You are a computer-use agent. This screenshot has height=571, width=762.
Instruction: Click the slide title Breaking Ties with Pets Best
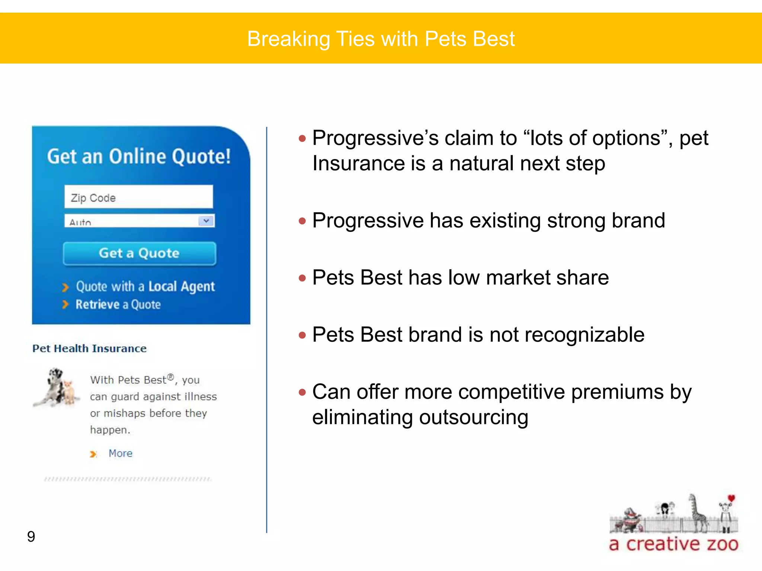pos(381,39)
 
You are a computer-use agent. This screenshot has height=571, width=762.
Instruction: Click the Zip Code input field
pos(138,197)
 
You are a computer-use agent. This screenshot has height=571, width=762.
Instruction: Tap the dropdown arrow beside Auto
pos(206,221)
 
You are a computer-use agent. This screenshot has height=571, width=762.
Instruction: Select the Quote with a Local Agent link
pos(145,287)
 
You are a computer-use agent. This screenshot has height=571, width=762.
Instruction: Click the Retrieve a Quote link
pos(118,305)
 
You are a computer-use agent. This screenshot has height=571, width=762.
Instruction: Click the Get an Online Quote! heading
pos(139,157)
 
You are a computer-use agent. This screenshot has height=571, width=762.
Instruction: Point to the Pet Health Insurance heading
pos(89,349)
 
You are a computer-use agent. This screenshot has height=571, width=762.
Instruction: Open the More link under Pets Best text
pos(120,454)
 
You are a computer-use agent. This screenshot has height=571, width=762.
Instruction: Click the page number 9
pos(31,536)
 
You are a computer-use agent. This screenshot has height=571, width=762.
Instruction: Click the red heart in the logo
pos(731,498)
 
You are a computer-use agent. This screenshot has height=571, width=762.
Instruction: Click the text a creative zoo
pos(673,544)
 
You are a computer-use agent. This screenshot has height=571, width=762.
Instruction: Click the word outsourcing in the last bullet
pos(474,417)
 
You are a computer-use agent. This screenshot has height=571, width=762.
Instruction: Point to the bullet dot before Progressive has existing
pos(302,221)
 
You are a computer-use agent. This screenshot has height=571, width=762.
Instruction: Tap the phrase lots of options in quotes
pos(595,138)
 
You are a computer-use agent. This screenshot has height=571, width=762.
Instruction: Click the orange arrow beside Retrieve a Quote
pos(65,305)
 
